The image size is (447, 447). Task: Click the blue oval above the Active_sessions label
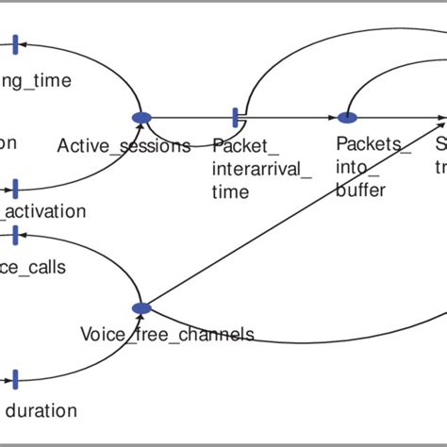[x=141, y=117]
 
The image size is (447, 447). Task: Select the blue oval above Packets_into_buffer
[x=348, y=118]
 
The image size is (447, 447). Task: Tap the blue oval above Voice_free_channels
[x=141, y=308]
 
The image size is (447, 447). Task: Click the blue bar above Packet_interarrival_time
[x=236, y=117]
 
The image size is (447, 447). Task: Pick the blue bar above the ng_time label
[x=15, y=43]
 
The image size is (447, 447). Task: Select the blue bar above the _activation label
[x=15, y=189]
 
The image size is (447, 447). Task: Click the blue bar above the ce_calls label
[x=15, y=233]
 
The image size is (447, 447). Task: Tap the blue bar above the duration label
[x=15, y=379]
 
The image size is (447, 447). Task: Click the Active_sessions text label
[x=124, y=145]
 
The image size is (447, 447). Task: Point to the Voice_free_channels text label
[x=167, y=334]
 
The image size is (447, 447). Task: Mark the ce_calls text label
[x=34, y=267]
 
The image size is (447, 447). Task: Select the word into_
[x=355, y=168]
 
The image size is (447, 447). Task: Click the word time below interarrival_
[x=231, y=191]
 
